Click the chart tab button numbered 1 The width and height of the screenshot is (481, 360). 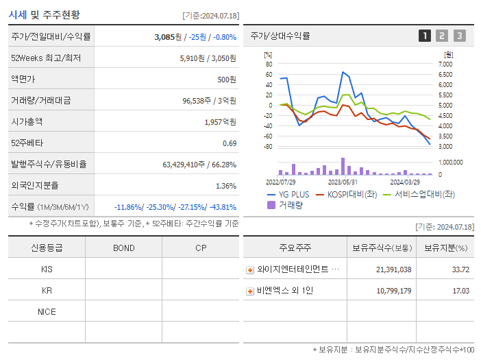[425, 36]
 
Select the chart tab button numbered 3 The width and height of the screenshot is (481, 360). [459, 36]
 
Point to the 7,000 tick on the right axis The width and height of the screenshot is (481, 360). [445, 64]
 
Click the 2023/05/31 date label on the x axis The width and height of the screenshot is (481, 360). [343, 182]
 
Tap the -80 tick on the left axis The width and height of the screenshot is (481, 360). [269, 146]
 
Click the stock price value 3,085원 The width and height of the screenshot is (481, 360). [167, 36]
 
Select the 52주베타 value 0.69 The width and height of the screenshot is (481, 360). [230, 143]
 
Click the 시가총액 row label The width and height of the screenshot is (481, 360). [27, 122]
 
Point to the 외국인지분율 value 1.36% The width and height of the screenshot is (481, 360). [226, 186]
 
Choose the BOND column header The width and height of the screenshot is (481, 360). [123, 248]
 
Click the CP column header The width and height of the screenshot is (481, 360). [201, 248]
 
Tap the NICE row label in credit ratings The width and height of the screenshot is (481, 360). [47, 311]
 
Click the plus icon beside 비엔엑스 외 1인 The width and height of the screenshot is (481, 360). [250, 291]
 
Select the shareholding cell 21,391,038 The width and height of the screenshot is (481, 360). [393, 269]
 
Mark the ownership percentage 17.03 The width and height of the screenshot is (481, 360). [460, 291]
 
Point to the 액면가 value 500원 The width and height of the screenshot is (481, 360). [226, 80]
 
